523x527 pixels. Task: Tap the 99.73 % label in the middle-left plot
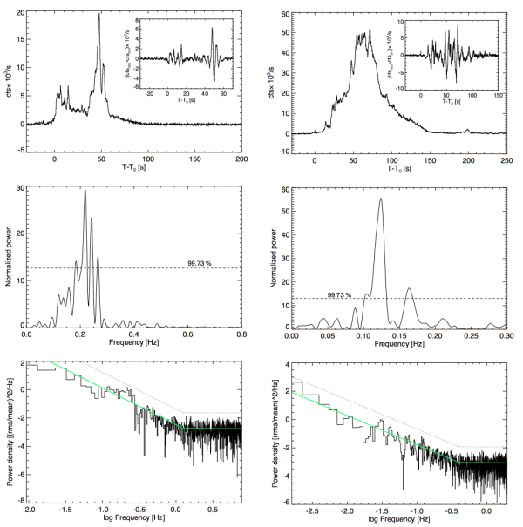pyautogui.click(x=200, y=262)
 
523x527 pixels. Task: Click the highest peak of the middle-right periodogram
pyautogui.click(x=380, y=199)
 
